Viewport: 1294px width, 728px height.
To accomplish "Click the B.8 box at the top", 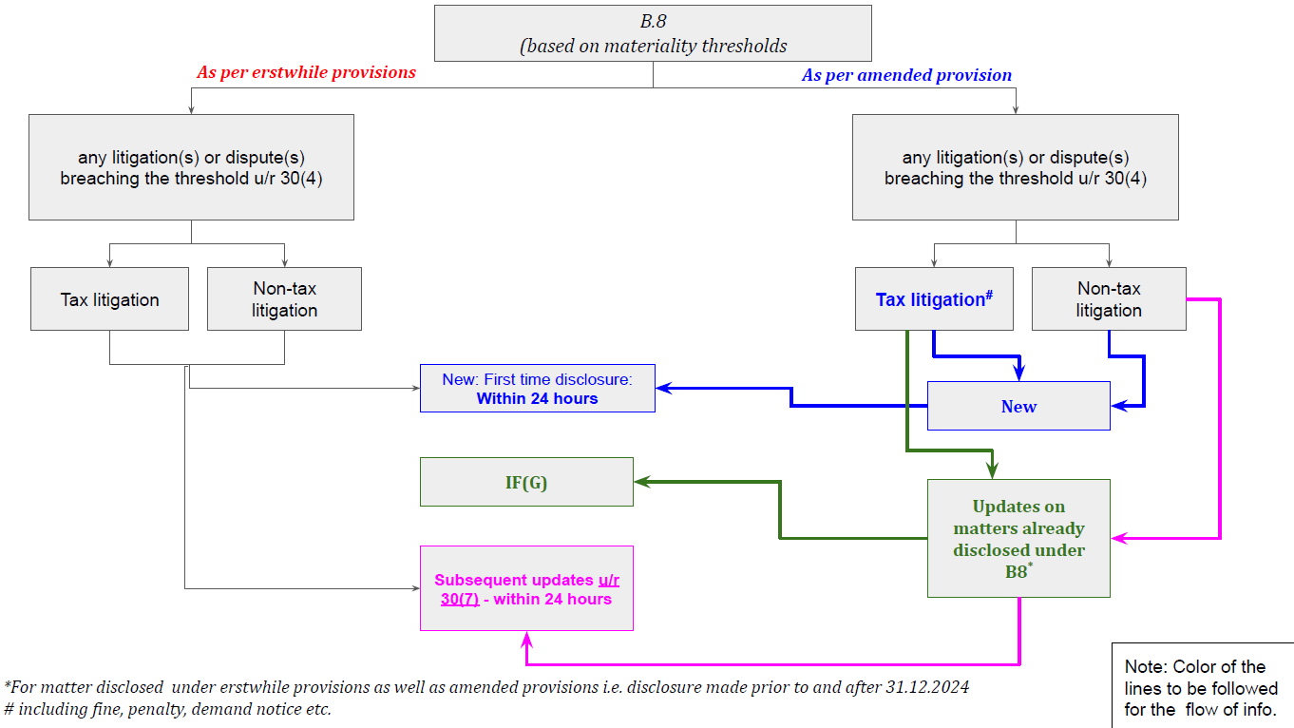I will [653, 33].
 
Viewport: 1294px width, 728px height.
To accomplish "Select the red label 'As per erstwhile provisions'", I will [306, 72].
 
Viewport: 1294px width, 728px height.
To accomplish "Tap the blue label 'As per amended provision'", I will [906, 75].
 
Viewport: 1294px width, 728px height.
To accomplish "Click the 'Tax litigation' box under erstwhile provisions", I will [109, 299].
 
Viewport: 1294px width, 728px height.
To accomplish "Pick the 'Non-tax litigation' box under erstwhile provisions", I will [284, 299].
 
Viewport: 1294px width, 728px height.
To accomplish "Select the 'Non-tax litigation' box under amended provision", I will [1108, 299].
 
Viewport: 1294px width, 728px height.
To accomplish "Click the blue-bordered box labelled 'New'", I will [1018, 406].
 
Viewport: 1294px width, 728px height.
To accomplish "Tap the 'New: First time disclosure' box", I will [537, 389].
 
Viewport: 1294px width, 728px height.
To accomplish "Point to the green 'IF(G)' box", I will [526, 482].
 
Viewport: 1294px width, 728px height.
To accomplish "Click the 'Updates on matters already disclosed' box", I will [1018, 538].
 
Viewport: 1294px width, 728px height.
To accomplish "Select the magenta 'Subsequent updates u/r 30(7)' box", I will [526, 588].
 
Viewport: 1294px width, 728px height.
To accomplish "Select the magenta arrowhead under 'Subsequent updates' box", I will [526, 639].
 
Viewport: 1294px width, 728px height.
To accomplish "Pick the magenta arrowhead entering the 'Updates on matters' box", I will [1119, 539].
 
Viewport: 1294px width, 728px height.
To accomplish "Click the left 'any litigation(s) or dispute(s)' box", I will [191, 167].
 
